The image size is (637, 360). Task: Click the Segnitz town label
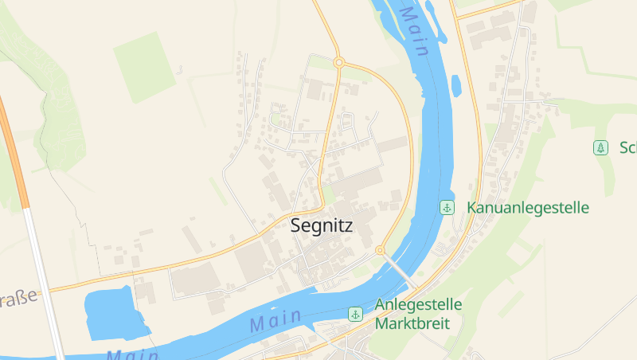coord(321,225)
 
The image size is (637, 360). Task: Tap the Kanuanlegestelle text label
coord(528,208)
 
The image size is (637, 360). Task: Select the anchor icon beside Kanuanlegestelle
coord(447,208)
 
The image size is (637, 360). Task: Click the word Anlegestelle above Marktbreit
coord(418,305)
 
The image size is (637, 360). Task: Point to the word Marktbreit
coord(412,324)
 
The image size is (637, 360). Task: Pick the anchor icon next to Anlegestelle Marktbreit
coord(355,315)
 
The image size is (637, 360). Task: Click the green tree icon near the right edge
coord(600,147)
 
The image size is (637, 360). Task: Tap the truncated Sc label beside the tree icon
coord(627,147)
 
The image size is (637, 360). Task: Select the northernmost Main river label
coord(415,31)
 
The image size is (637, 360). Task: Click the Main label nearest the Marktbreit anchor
coord(276,321)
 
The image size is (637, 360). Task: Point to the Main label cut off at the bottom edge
coord(131,354)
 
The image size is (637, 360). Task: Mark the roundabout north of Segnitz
coord(338,62)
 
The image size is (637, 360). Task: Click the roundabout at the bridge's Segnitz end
coord(380,250)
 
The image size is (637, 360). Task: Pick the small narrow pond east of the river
coord(455,84)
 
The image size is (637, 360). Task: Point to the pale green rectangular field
coord(143,67)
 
